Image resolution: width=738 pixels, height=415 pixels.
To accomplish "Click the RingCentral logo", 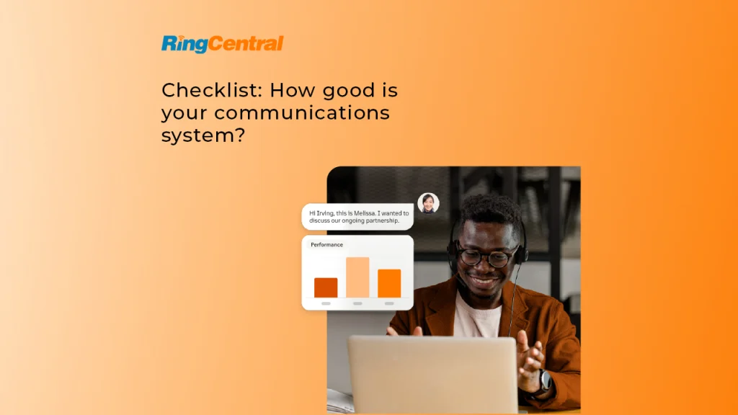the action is pos(222,44).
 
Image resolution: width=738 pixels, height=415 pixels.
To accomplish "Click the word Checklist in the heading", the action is pos(212,90).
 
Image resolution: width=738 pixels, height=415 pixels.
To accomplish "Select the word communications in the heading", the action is pos(302,113).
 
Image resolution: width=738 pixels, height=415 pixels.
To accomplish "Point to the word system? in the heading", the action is pos(203,135).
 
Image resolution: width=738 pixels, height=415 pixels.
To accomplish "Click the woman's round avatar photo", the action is pos(428,203).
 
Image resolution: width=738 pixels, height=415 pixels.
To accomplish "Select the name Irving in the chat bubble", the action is pos(325,213).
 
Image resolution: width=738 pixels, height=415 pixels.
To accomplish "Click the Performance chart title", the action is pos(326,245).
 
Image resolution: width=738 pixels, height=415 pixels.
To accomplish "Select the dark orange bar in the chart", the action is pos(326,287).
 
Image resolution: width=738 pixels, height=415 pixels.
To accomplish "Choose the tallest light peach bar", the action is pos(357,277).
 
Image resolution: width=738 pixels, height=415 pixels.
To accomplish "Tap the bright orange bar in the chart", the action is pos(389,283).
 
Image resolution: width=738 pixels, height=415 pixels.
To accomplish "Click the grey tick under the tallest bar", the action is pos(357,303).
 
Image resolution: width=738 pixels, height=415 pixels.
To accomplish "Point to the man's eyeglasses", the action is pos(487,256).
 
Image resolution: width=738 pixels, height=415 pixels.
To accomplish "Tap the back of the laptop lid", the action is pos(433,375).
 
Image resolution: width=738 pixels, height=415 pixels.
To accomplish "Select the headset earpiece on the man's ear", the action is pos(522,251).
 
